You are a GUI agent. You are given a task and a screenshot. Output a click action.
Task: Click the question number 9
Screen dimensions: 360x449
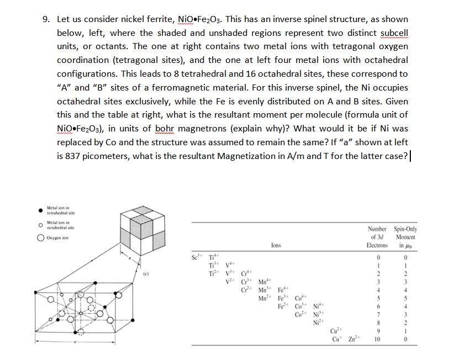tap(46, 19)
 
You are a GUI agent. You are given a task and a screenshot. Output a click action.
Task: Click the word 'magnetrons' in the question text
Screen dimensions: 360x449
tap(204, 129)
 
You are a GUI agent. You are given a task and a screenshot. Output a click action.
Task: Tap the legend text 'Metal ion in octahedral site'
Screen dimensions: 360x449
tap(61, 225)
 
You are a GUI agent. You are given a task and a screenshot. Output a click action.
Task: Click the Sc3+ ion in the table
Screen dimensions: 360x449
tap(194, 257)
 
